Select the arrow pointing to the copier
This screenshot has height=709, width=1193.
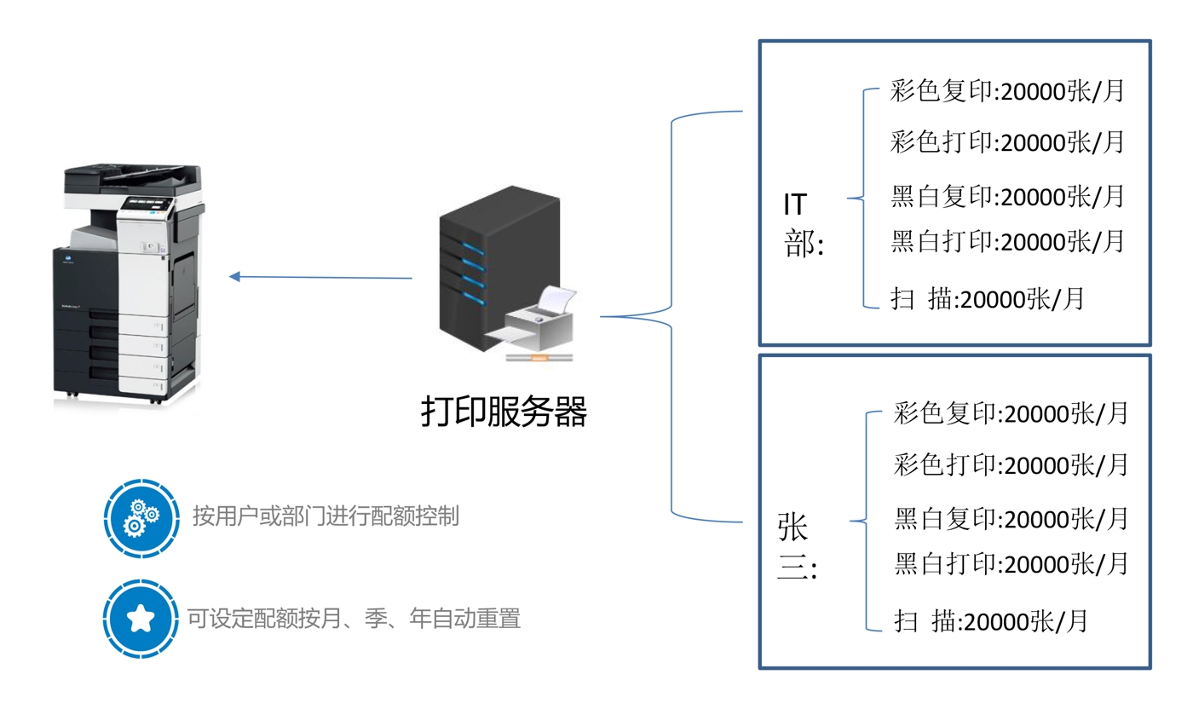321,277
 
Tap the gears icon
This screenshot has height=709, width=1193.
141,517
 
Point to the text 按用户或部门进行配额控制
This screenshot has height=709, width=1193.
326,516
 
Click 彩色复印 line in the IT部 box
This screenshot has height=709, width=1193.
1007,91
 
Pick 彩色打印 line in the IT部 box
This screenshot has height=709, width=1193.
1007,141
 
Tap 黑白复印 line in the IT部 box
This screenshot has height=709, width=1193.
1007,196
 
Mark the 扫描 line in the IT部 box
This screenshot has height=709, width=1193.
987,299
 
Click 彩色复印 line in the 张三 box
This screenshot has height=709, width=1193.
1011,414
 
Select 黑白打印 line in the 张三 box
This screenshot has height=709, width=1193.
1011,563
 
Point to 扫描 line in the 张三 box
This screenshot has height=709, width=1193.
990,621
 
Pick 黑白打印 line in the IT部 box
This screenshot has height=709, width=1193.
1007,241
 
